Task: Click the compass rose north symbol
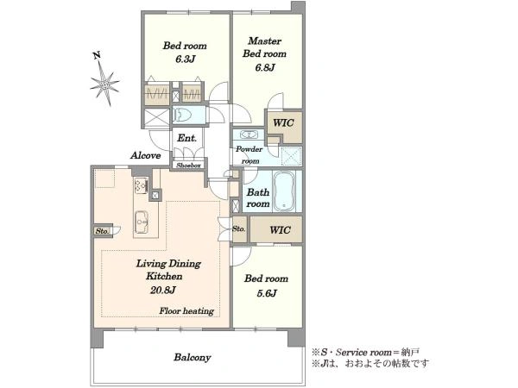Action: (x=105, y=84)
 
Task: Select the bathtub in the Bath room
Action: (x=284, y=191)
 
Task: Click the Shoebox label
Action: (x=188, y=166)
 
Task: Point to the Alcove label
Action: (x=145, y=155)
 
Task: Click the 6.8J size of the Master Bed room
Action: (x=265, y=67)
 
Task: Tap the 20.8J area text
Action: (x=162, y=290)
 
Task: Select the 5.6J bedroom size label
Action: (x=267, y=293)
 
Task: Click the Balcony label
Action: (x=193, y=357)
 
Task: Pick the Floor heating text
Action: (x=186, y=310)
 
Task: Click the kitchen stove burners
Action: (x=141, y=185)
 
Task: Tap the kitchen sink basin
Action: (x=142, y=222)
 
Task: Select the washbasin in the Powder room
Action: (x=249, y=135)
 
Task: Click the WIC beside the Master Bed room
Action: (x=283, y=123)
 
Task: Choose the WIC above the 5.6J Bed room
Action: (x=280, y=230)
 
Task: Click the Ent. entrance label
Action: (x=187, y=138)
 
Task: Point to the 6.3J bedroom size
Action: (x=185, y=59)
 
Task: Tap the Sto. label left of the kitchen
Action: (x=102, y=231)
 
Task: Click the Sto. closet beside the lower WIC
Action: (x=239, y=228)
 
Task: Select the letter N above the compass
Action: (x=97, y=55)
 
